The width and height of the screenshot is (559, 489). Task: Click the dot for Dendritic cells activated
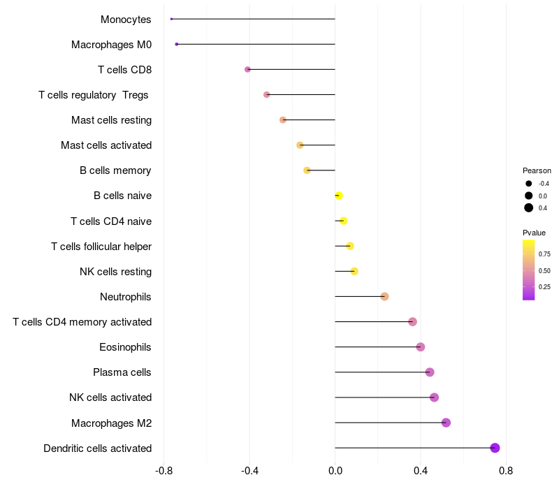(495, 448)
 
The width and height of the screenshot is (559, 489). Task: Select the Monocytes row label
(126, 19)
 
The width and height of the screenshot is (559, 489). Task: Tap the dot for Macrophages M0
(177, 44)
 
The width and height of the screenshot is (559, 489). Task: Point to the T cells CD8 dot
(247, 69)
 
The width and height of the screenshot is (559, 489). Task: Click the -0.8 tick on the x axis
(164, 471)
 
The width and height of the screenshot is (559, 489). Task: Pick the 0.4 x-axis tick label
(421, 471)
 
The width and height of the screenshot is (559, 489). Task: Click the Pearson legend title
(537, 170)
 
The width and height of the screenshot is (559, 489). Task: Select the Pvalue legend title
(534, 233)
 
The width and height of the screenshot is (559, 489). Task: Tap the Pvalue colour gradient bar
(529, 270)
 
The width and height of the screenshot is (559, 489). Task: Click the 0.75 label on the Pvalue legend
(544, 254)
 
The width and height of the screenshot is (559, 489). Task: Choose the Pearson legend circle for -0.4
(529, 184)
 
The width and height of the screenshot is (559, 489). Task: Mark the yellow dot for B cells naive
(339, 196)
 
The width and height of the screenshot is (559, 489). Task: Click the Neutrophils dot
(384, 297)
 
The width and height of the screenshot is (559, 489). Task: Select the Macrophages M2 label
(111, 423)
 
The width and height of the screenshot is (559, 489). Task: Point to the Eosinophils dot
(420, 347)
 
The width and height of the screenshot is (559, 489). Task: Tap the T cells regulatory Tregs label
(94, 94)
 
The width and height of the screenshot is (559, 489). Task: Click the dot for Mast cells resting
(283, 120)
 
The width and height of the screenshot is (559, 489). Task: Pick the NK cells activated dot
(434, 397)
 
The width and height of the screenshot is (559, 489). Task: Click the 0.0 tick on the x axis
(335, 471)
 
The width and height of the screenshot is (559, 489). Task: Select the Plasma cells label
(122, 372)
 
